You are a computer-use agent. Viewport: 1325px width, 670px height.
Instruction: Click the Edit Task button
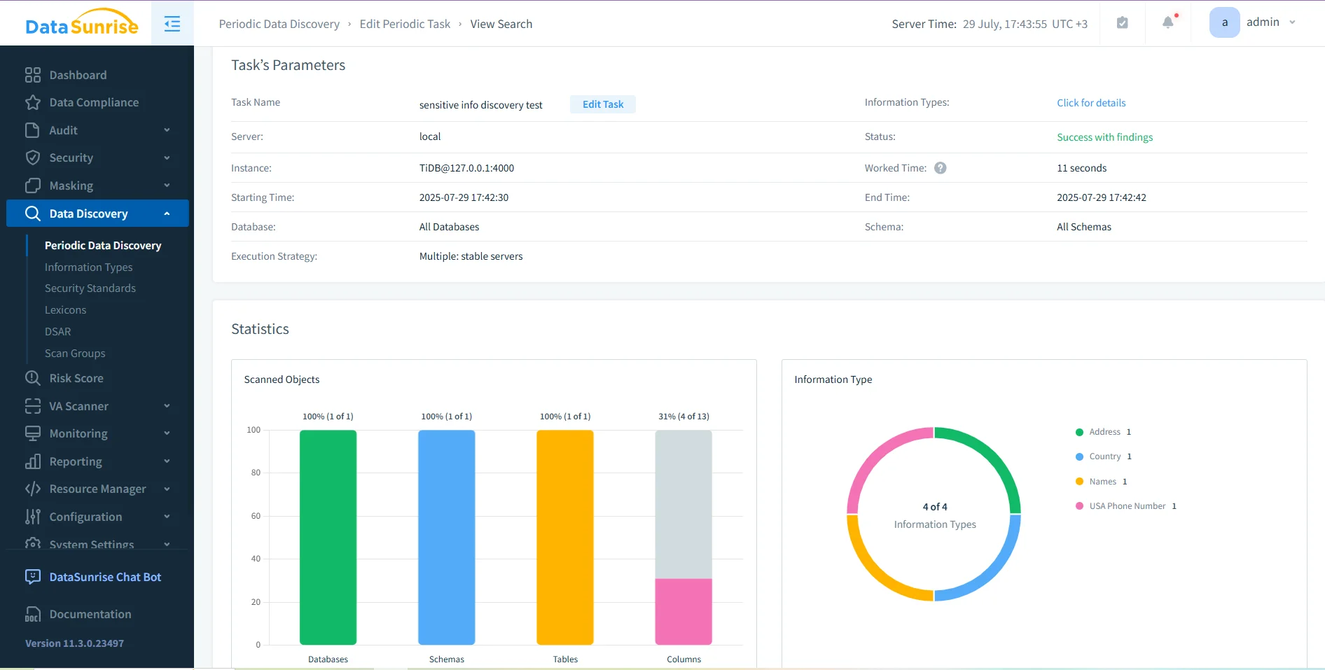pyautogui.click(x=602, y=104)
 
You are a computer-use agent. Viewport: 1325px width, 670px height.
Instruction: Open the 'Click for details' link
pyautogui.click(x=1090, y=103)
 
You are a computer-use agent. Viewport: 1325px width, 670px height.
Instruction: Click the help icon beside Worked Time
pyautogui.click(x=940, y=168)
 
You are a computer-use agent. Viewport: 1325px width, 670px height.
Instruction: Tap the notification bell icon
pyautogui.click(x=1167, y=22)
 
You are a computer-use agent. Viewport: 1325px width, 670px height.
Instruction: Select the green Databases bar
pyautogui.click(x=328, y=537)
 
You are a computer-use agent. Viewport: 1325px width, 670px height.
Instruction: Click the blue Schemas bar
pyautogui.click(x=446, y=537)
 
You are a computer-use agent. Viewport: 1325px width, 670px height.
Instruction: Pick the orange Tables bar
pyautogui.click(x=564, y=537)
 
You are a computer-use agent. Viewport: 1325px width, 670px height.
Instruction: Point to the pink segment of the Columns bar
pyautogui.click(x=683, y=611)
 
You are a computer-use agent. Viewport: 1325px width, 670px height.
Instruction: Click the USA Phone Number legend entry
pyautogui.click(x=1126, y=506)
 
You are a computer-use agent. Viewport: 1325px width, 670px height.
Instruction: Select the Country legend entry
pyautogui.click(x=1104, y=456)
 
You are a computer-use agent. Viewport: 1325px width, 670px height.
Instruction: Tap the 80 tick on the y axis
pyautogui.click(x=256, y=473)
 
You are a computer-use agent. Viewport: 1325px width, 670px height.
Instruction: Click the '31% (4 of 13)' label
pyautogui.click(x=683, y=417)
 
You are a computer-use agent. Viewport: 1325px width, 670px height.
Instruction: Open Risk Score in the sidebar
pyautogui.click(x=76, y=378)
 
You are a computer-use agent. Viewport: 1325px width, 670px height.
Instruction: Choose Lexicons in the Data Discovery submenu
pyautogui.click(x=65, y=310)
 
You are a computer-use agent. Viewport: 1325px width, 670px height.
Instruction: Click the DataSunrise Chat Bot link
pyautogui.click(x=104, y=577)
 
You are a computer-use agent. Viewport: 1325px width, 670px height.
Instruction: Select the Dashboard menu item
pyautogui.click(x=78, y=75)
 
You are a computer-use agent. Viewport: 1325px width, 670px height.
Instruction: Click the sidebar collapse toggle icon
pyautogui.click(x=172, y=24)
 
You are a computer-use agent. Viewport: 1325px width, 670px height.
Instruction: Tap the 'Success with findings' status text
pyautogui.click(x=1104, y=137)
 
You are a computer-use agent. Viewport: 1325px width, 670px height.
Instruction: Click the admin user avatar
pyautogui.click(x=1224, y=22)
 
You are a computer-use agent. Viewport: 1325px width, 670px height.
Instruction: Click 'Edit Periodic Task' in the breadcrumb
pyautogui.click(x=405, y=24)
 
